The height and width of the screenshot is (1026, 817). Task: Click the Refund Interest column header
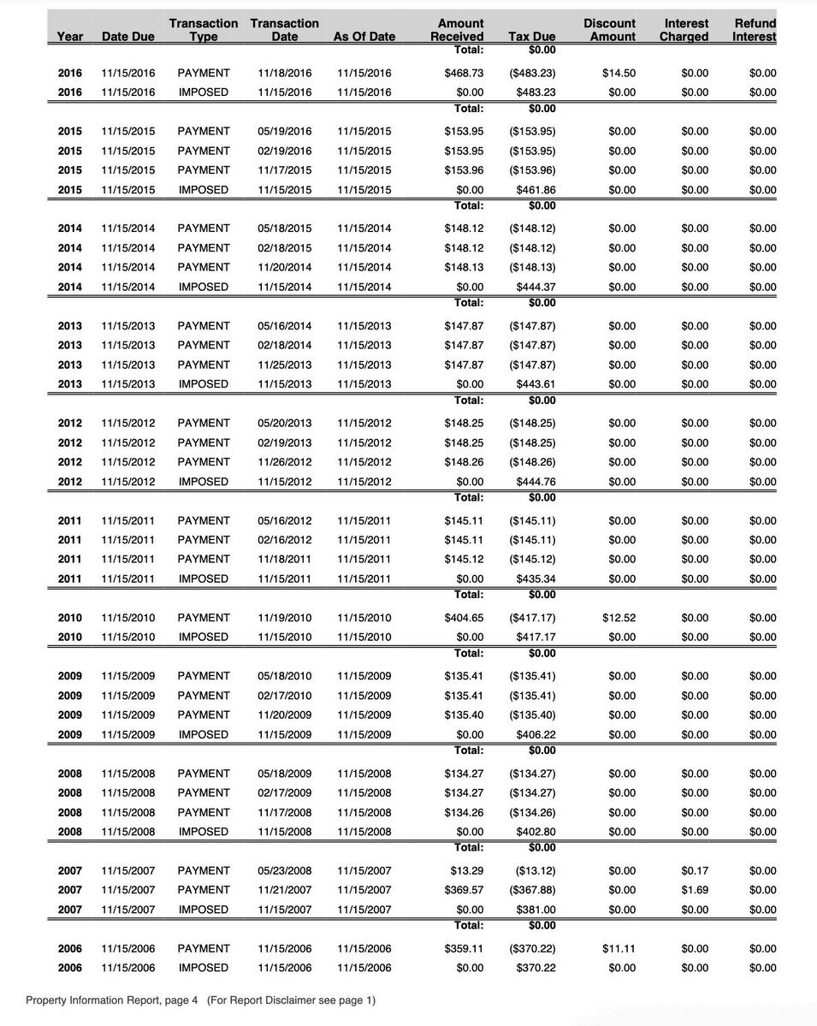click(754, 30)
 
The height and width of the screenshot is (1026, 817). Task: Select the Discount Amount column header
click(609, 30)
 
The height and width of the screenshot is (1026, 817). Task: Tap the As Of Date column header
click(364, 37)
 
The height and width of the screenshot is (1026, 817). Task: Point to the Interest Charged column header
click(685, 30)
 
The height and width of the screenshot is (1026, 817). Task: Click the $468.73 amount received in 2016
click(464, 74)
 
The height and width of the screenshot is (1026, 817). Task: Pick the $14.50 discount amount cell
click(619, 74)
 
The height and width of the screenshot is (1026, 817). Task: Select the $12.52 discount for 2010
click(619, 618)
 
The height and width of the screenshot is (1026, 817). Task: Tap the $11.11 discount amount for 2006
click(619, 949)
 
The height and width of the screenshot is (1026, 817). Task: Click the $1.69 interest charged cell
click(695, 890)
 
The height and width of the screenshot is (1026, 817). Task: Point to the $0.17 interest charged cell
click(695, 871)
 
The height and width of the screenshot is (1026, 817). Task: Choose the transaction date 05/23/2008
click(285, 871)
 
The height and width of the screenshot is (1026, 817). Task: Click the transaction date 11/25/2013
click(285, 365)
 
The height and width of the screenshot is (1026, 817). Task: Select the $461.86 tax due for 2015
click(536, 190)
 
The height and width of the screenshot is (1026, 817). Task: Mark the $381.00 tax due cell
click(536, 910)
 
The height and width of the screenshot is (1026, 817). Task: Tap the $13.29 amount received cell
click(467, 871)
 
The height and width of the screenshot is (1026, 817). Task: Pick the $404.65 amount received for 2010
click(464, 618)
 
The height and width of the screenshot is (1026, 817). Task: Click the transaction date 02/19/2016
click(285, 151)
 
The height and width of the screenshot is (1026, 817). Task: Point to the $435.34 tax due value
click(536, 579)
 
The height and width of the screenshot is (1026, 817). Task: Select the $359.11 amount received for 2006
click(464, 949)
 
